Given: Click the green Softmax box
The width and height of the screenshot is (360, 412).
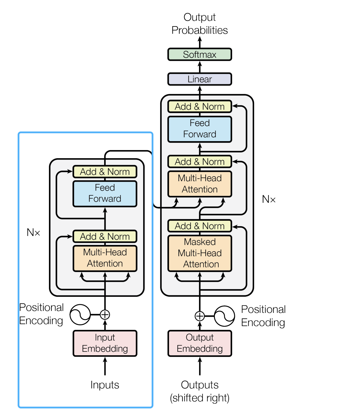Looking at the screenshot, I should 200,54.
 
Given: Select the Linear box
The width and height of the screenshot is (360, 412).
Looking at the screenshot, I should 200,79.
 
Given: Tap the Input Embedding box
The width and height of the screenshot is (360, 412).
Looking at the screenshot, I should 105,343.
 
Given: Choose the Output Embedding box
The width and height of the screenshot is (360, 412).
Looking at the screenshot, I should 200,343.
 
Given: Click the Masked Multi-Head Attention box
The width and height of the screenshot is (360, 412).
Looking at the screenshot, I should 200,253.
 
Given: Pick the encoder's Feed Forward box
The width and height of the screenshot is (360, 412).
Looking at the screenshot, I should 105,193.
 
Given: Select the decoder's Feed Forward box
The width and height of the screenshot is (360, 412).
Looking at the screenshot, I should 200,129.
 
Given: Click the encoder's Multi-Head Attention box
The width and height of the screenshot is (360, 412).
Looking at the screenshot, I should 105,258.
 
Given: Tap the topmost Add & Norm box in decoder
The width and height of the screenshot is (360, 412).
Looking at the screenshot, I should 200,107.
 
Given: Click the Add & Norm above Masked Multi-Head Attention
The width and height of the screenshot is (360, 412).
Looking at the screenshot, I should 200,226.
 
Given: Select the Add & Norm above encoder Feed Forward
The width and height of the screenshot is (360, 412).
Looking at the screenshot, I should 105,172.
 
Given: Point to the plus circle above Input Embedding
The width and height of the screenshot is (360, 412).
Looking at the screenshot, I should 105,315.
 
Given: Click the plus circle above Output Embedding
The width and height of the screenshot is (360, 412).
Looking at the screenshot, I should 200,316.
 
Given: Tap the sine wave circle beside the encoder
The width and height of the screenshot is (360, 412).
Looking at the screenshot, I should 80,314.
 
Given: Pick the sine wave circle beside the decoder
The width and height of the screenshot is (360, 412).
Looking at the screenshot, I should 224,316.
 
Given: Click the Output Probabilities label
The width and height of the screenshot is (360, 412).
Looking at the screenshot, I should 200,24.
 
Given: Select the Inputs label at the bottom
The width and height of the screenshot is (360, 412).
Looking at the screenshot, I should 105,385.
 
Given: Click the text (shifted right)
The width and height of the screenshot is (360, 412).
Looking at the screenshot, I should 200,398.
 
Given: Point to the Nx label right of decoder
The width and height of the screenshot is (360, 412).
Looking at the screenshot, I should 269,199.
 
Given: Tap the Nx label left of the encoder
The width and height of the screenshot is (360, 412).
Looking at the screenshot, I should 33,232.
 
